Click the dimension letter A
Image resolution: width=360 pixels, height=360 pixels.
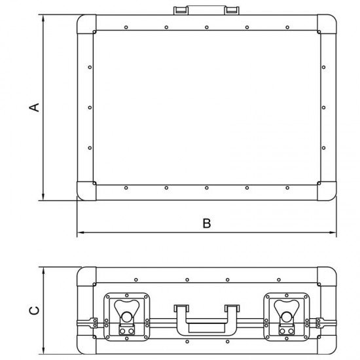34,107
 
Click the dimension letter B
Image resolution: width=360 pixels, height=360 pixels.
207,223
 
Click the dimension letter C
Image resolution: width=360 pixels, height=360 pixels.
34,311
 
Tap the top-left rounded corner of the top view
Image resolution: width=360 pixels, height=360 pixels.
86,24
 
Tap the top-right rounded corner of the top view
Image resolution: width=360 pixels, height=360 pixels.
327,24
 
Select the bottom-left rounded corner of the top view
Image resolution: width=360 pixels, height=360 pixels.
86,191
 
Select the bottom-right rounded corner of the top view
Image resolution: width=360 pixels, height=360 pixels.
327,191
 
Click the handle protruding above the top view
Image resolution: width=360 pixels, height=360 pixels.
206,10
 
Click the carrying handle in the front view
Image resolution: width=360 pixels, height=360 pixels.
207,320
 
